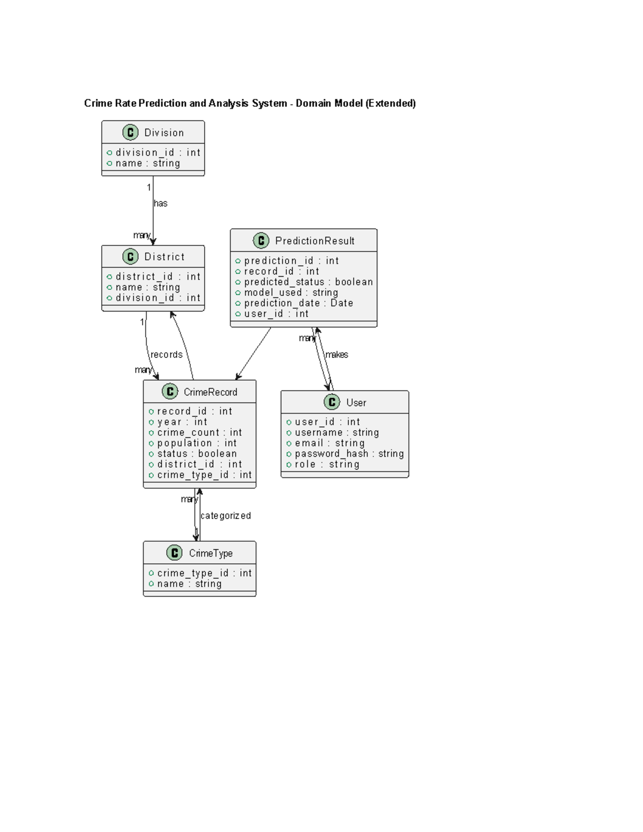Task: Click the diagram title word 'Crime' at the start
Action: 98,103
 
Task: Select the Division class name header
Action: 164,133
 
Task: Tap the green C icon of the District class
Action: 130,257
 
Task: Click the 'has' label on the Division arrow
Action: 161,204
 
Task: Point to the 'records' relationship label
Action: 167,355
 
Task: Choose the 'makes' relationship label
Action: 337,355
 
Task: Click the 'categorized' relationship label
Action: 226,516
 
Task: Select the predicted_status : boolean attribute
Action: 308,282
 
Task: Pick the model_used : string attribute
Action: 291,293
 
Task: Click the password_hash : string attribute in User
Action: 349,454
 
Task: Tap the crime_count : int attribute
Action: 199,432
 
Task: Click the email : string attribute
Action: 330,443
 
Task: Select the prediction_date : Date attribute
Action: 298,303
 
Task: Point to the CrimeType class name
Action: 211,553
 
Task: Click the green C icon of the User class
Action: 332,402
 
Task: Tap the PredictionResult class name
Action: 315,241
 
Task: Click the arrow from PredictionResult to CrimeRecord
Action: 253,354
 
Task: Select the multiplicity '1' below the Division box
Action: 148,188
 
